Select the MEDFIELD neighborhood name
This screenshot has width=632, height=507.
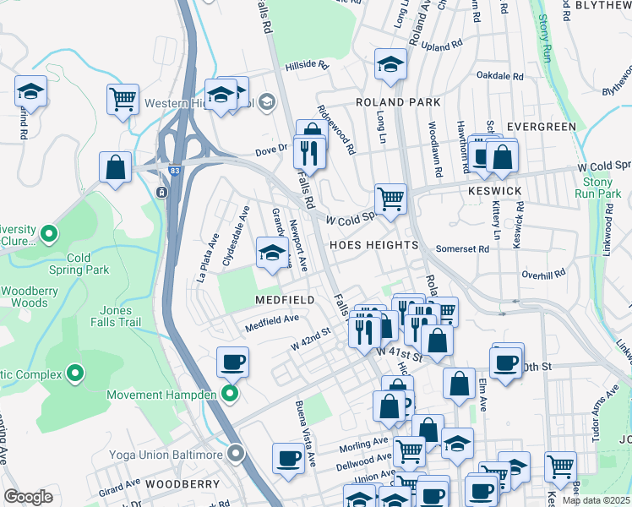tap(286, 300)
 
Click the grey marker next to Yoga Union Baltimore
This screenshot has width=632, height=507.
tap(236, 455)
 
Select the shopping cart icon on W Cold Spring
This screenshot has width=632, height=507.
tap(390, 199)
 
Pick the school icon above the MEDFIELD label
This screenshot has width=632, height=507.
tap(271, 253)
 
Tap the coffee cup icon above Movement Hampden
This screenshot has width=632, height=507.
tap(232, 363)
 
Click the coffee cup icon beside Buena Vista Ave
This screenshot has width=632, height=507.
tap(288, 458)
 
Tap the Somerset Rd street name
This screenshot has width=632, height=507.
tap(462, 249)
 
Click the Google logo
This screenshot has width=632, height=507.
tap(28, 497)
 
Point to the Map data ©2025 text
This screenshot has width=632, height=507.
tap(595, 500)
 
